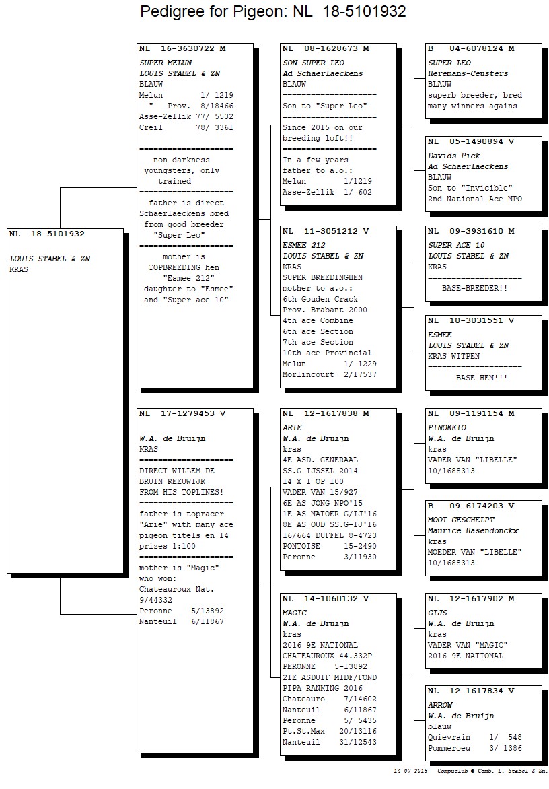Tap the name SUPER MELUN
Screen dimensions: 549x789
(166, 63)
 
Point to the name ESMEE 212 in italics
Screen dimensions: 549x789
(303, 246)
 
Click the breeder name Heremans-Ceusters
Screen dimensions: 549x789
(468, 73)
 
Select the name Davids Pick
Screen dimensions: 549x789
(454, 156)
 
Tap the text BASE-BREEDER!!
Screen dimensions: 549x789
(474, 288)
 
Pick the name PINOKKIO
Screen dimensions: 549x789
(447, 427)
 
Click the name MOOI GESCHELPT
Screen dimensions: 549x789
(461, 520)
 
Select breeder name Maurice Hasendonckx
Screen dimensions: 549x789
(473, 531)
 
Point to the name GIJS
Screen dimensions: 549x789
(437, 613)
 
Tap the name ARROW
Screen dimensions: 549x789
(440, 705)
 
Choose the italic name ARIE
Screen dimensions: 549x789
(292, 427)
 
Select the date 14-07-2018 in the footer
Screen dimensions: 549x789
(411, 771)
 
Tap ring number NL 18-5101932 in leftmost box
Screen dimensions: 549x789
(47, 234)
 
